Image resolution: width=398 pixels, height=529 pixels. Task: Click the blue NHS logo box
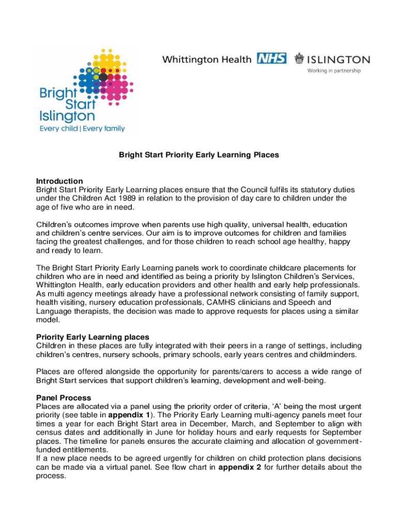tap(271, 59)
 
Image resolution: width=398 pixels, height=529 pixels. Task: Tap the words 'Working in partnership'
tap(334, 71)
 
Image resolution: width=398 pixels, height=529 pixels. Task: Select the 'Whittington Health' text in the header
tap(207, 59)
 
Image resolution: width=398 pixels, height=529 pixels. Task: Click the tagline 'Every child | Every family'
tap(82, 129)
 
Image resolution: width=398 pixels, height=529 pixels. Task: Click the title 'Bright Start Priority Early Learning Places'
tap(199, 154)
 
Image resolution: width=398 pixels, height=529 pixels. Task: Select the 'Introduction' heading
tap(59, 181)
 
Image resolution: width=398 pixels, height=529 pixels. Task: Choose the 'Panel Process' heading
tap(64, 398)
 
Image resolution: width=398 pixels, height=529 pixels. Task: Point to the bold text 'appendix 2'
tap(240, 468)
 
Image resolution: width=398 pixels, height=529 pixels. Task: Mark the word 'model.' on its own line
tap(48, 320)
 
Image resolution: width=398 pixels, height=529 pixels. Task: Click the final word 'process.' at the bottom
tap(51, 476)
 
